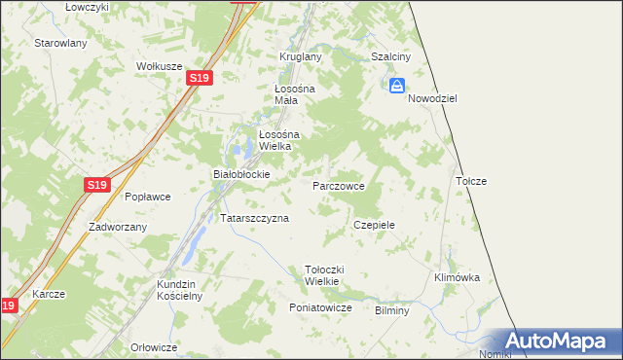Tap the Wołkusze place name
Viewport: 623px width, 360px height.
coord(160,66)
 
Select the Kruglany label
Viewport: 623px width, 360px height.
coord(300,56)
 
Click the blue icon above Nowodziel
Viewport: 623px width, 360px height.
coord(397,87)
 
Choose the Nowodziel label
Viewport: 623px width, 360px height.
coord(432,99)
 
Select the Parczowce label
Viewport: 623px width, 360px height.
coord(339,185)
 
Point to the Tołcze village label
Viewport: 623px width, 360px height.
coord(471,181)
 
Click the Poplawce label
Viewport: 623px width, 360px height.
coord(147,197)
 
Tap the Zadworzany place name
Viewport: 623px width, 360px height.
coord(117,227)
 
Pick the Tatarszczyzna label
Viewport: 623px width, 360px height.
coord(255,219)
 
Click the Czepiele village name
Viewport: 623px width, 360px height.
coord(374,225)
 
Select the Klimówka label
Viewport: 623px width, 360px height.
coord(457,277)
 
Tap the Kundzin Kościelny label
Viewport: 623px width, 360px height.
coord(178,290)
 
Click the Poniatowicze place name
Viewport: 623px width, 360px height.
coord(319,307)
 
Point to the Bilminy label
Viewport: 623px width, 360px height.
coord(391,310)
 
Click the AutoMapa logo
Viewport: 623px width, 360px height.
coord(558,341)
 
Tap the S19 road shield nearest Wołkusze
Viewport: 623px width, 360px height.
coord(199,77)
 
